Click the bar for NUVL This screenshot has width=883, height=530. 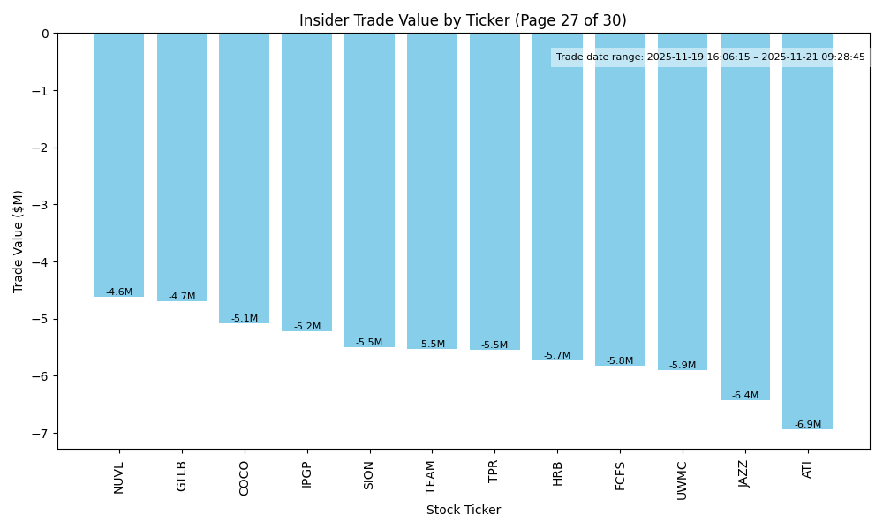pos(119,164)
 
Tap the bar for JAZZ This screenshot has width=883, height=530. pos(744,216)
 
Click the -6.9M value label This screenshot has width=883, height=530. pos(807,425)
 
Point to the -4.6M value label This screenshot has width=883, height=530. pos(119,292)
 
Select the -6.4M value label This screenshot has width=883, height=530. pos(744,396)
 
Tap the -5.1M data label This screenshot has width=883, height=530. pos(244,319)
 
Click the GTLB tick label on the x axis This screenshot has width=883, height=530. pos(182,476)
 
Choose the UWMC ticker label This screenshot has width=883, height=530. pos(682,480)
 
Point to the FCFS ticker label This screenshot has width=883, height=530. pos(620,476)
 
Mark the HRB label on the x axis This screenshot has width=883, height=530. pos(557,473)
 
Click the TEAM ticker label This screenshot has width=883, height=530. pos(432,477)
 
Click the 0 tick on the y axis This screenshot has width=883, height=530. pos(46,34)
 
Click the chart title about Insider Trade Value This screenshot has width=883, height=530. pos(463,20)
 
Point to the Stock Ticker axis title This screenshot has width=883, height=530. pos(463,511)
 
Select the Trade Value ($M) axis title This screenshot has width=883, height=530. pos(19,241)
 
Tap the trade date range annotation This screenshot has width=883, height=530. pos(710,57)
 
